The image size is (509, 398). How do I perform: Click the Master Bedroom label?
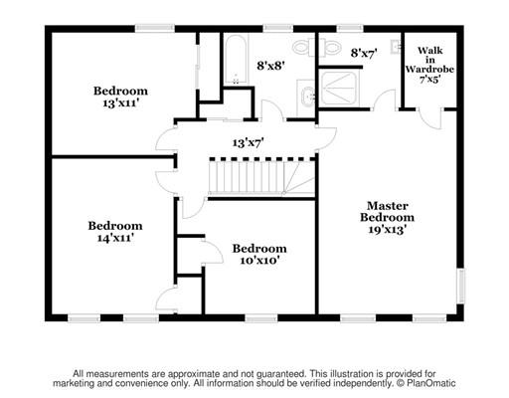point(387,212)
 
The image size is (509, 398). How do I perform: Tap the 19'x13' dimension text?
point(388,229)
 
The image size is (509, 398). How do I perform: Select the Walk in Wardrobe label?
point(429,60)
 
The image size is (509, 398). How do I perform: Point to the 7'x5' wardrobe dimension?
point(429,80)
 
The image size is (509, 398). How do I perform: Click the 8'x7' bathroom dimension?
point(364,53)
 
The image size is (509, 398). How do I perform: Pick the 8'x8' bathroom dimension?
point(270,66)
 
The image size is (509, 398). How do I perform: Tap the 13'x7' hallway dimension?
point(248,143)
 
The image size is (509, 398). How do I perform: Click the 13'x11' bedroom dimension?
point(120,103)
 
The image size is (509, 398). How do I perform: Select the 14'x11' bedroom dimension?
point(115,238)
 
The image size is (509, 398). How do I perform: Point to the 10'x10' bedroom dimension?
point(259,261)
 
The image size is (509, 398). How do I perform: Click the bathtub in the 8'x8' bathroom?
point(236,59)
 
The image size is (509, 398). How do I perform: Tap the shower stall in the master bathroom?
point(338,88)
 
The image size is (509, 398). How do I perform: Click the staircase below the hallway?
point(261,176)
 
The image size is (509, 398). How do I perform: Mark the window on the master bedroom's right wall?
point(461,286)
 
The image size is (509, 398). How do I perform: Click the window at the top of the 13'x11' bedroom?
point(155,29)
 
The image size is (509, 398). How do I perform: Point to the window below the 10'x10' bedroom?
point(261,318)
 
